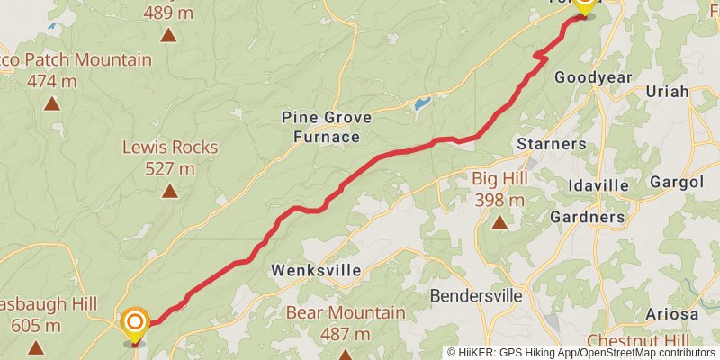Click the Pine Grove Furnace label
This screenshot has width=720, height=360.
(x=320, y=127)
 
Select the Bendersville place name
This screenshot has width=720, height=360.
(x=475, y=295)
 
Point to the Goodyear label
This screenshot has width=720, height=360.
(x=593, y=77)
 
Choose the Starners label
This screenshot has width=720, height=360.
(x=552, y=144)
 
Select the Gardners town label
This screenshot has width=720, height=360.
(x=587, y=217)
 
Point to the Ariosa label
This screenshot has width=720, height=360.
(x=672, y=314)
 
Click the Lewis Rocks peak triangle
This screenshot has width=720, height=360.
(x=169, y=191)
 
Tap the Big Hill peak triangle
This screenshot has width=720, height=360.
(x=499, y=220)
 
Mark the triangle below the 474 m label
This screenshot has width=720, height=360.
(x=51, y=103)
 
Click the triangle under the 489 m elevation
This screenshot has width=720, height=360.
(x=168, y=36)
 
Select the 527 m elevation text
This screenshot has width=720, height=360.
(x=170, y=168)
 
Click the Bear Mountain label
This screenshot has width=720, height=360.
(x=345, y=313)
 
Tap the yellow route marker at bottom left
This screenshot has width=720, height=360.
(x=135, y=325)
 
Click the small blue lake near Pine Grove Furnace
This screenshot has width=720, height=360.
(x=422, y=104)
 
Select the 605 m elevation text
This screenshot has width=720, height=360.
(x=36, y=326)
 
